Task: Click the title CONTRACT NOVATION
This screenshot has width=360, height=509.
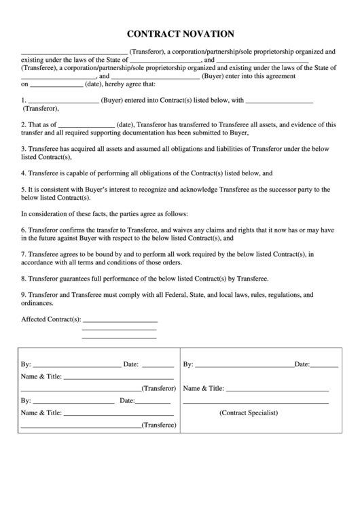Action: (179, 33)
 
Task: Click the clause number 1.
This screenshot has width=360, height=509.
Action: (24, 101)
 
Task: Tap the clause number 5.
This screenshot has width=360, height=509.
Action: (24, 189)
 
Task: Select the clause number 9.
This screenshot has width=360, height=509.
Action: (24, 295)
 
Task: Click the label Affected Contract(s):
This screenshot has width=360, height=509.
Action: (51, 319)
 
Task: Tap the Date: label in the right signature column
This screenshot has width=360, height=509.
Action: (302, 364)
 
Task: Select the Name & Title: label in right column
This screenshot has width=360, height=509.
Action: (204, 388)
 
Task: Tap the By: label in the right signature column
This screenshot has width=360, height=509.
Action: (188, 364)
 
